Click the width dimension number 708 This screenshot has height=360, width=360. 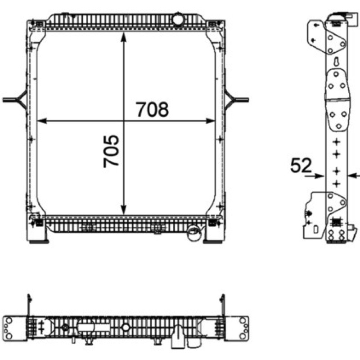coord(153,109)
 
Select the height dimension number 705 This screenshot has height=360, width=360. coord(111,152)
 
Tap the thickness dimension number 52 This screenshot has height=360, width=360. coord(301,165)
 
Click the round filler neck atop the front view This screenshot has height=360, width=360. coord(178,19)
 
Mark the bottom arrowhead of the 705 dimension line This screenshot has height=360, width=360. coord(123,210)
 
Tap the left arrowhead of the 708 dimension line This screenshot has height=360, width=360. coord(42,121)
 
